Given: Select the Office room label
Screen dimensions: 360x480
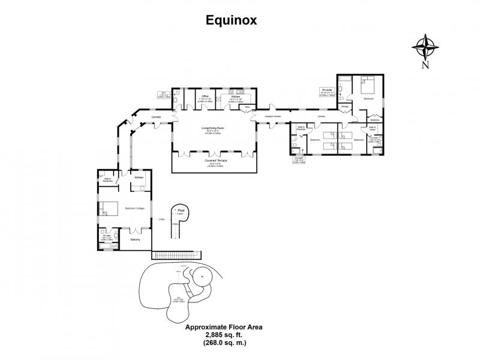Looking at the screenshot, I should (205, 96).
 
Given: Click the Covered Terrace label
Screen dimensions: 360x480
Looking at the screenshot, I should (214, 161).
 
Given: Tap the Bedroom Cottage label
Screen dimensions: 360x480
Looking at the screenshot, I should (134, 208).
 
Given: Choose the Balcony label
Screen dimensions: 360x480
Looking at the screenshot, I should (136, 239).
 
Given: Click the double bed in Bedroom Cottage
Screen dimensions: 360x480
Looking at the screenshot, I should (109, 208).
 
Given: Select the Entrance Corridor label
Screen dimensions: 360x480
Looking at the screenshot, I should (273, 116).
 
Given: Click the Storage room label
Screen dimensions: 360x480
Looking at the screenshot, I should (345, 107).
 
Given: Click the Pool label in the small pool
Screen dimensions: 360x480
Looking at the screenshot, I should (180, 210).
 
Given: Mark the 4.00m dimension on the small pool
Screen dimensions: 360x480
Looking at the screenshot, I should (175, 224).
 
